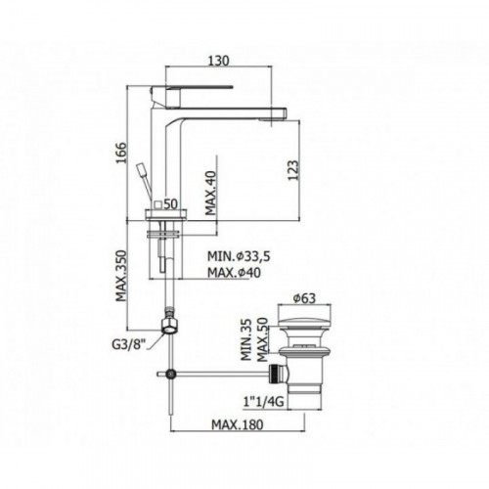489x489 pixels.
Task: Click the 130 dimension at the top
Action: click(219, 60)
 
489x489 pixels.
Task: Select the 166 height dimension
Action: click(120, 153)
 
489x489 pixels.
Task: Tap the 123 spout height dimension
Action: click(292, 170)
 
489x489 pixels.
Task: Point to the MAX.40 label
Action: click(211, 193)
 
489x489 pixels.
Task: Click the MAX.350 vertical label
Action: click(121, 276)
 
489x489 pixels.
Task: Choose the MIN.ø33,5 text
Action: click(239, 256)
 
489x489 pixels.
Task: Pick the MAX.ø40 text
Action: click(234, 273)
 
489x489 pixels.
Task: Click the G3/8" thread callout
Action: click(128, 345)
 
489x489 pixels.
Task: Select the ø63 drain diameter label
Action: click(304, 298)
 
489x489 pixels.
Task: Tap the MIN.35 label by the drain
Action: click(246, 339)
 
